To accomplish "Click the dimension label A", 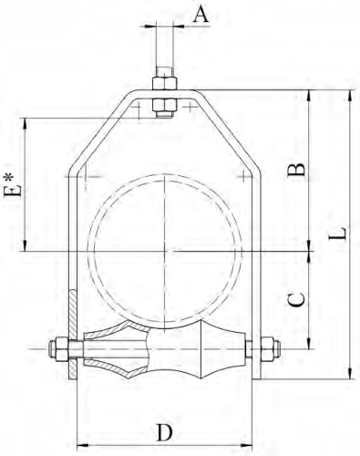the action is pyautogui.click(x=201, y=15).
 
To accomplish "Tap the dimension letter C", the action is pyautogui.click(x=296, y=300).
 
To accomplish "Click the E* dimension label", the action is pyautogui.click(x=13, y=185).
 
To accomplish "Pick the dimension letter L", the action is pyautogui.click(x=338, y=233).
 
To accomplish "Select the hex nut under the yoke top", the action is pyautogui.click(x=164, y=105).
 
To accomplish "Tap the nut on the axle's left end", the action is pyautogui.click(x=59, y=349).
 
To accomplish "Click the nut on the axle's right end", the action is pyautogui.click(x=270, y=348).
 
